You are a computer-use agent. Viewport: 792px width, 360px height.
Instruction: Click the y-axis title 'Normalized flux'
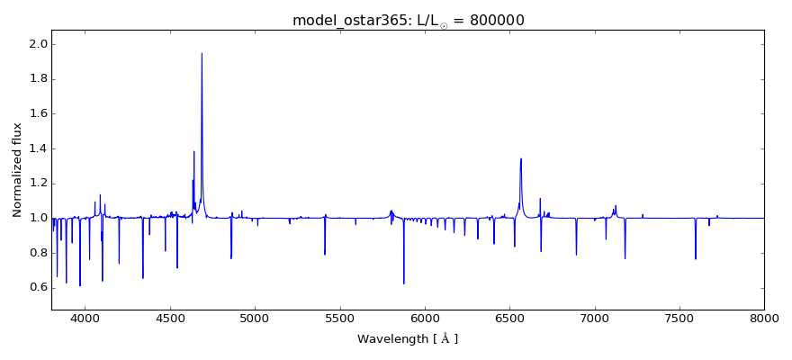point(17,170)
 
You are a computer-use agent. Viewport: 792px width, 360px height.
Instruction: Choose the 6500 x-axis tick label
point(509,319)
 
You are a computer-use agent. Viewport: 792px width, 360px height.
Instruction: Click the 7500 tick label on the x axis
point(679,319)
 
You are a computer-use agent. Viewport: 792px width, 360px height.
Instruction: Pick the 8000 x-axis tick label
point(763,319)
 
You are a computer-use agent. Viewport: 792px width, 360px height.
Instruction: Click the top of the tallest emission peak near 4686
point(202,53)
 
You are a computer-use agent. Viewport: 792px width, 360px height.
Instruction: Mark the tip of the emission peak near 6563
point(520,159)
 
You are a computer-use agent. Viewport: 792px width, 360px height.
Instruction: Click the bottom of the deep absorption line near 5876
point(403,283)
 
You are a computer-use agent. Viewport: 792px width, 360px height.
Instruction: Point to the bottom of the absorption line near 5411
point(325,254)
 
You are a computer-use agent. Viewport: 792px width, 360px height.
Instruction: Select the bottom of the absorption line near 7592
point(695,259)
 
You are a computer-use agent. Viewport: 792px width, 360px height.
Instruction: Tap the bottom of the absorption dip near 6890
point(576,255)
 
